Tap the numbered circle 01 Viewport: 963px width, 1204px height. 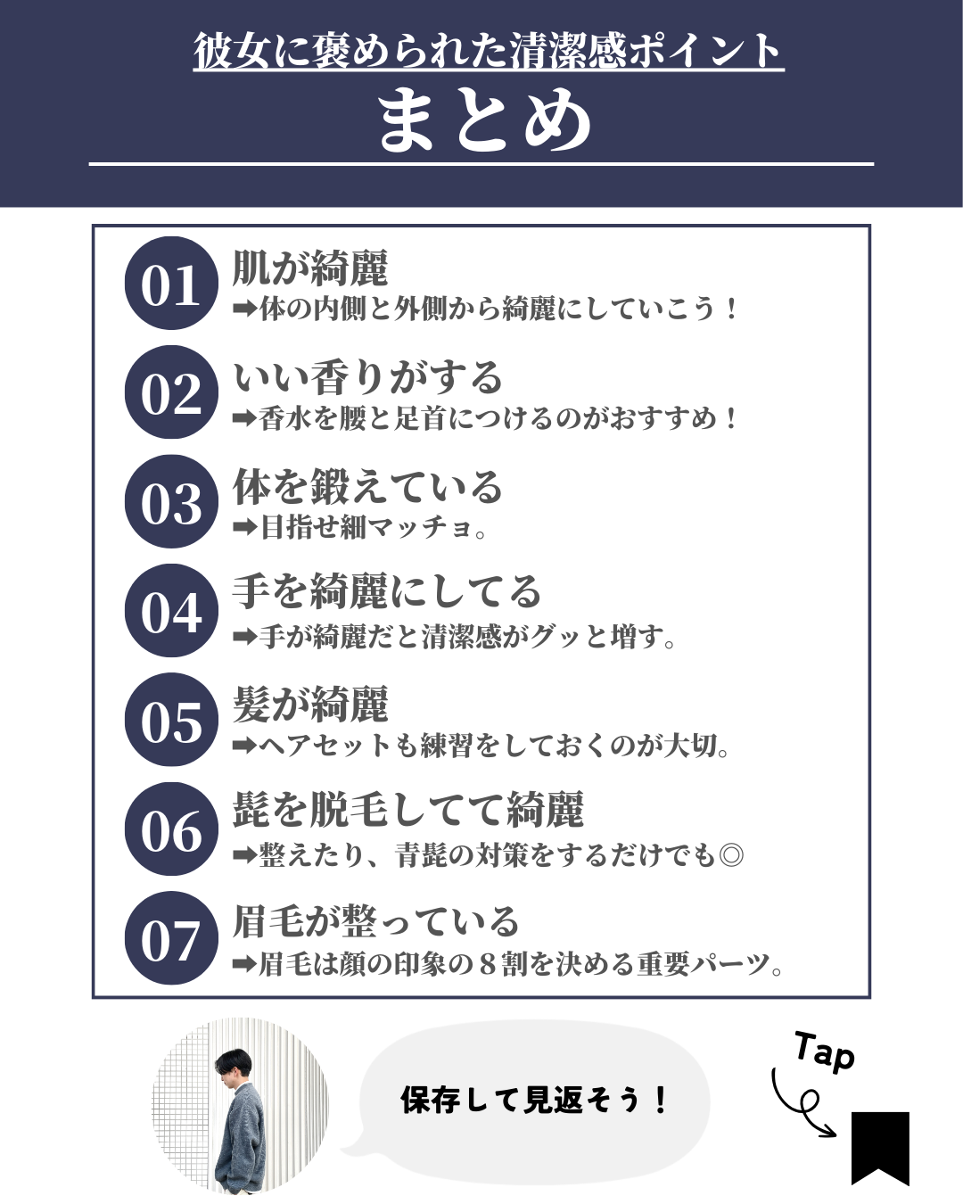pyautogui.click(x=171, y=283)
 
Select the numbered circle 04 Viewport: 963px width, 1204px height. pyautogui.click(x=171, y=610)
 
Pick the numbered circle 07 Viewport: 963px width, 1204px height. pyautogui.click(x=171, y=937)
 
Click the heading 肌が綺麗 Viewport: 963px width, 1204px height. pyautogui.click(x=310, y=268)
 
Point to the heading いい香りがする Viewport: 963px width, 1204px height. pyautogui.click(x=367, y=376)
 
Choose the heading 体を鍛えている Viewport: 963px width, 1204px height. pyautogui.click(x=367, y=486)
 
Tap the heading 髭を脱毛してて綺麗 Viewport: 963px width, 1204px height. pyautogui.click(x=408, y=810)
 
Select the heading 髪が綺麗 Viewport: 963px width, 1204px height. pyautogui.click(x=310, y=704)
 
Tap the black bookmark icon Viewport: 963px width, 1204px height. pyautogui.click(x=880, y=1148)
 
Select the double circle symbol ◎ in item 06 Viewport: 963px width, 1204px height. pyautogui.click(x=731, y=855)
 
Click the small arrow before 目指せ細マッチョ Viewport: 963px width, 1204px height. pyautogui.click(x=245, y=528)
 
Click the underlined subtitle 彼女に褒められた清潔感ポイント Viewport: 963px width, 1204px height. pyautogui.click(x=488, y=51)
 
